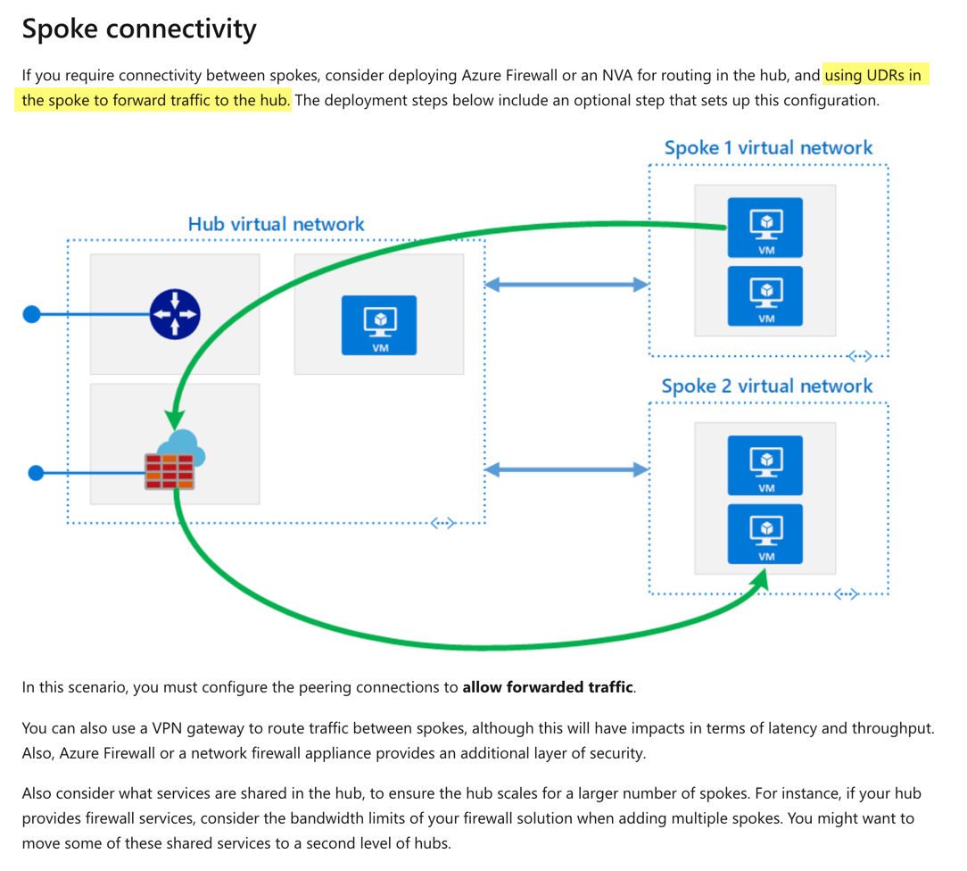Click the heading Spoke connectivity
click(x=139, y=29)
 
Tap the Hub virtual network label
click(x=276, y=224)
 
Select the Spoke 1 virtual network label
click(x=768, y=148)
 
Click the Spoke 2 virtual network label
click(x=766, y=386)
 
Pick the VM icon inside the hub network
click(x=379, y=325)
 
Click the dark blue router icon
click(x=175, y=314)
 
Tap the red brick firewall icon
click(x=170, y=471)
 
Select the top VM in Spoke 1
click(x=765, y=228)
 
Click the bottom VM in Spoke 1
click(x=765, y=295)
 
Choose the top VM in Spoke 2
click(x=765, y=465)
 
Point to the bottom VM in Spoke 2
click(x=765, y=534)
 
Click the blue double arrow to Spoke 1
click(x=566, y=285)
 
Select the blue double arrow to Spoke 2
click(x=566, y=469)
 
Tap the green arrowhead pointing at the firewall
click(x=174, y=418)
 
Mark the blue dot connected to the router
click(x=32, y=314)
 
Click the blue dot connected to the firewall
click(x=36, y=472)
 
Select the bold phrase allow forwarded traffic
click(x=548, y=687)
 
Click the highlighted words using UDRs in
click(x=872, y=75)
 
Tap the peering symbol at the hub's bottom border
click(x=443, y=523)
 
